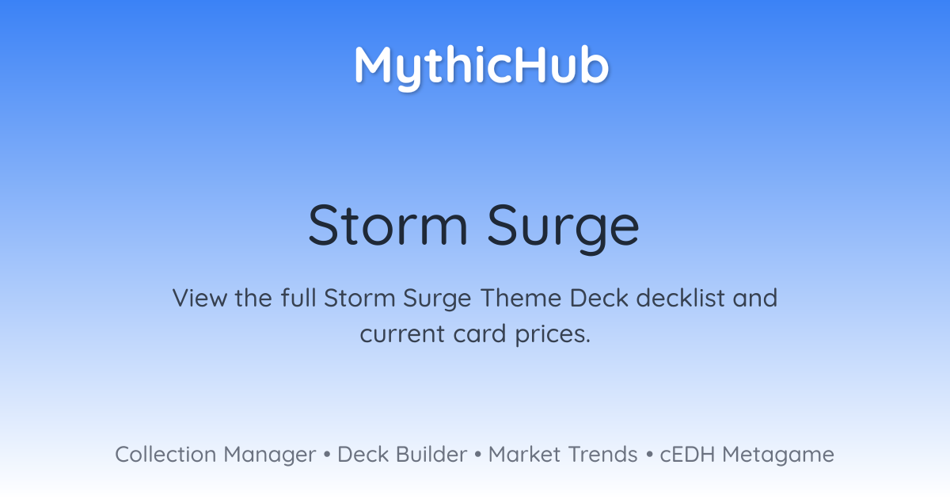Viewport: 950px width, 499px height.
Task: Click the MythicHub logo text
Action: tap(482, 67)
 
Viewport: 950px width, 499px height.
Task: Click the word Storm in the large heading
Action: tap(388, 225)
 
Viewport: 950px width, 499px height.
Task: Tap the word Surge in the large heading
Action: tap(563, 229)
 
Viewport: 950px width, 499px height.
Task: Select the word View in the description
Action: tap(199, 298)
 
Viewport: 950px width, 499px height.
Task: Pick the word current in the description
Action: tap(402, 334)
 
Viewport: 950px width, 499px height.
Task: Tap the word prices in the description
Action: tap(553, 335)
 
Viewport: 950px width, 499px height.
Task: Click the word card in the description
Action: tap(480, 333)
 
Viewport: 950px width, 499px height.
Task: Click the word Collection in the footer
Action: tap(165, 455)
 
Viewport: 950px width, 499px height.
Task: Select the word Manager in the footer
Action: tap(270, 455)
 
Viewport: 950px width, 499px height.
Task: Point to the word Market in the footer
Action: tap(524, 455)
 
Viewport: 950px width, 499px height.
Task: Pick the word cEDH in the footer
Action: tap(687, 455)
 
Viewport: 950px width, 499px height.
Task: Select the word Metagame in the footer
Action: tap(778, 455)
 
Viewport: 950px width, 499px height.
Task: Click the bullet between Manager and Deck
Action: tap(326, 455)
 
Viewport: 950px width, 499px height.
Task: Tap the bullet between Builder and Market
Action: tap(478, 455)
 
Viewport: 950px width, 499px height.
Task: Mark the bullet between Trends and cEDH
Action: tap(649, 455)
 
